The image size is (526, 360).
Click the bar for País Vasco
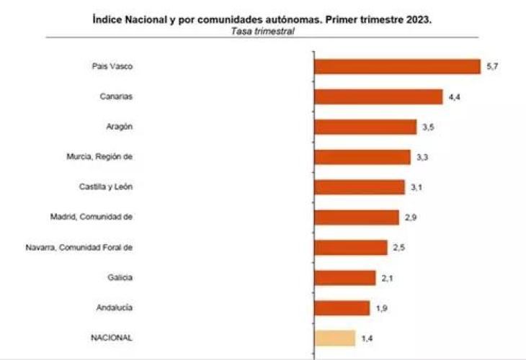tap(397, 66)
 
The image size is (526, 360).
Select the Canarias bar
tap(378, 96)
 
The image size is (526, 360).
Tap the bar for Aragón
tap(365, 127)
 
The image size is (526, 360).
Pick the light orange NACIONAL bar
tap(335, 338)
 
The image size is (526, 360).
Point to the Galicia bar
tap(345, 277)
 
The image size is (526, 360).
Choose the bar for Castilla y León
tap(360, 187)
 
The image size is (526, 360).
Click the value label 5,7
tap(493, 66)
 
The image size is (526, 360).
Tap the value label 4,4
tap(454, 96)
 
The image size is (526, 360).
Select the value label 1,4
tap(367, 338)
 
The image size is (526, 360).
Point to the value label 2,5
tap(399, 248)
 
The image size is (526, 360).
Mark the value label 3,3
tap(422, 157)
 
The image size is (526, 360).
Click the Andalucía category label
tap(115, 307)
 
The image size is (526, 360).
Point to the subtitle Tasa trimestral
tap(262, 31)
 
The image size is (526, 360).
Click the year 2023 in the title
tap(417, 19)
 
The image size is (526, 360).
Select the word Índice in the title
tap(108, 19)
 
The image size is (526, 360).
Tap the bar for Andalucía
tap(342, 307)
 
